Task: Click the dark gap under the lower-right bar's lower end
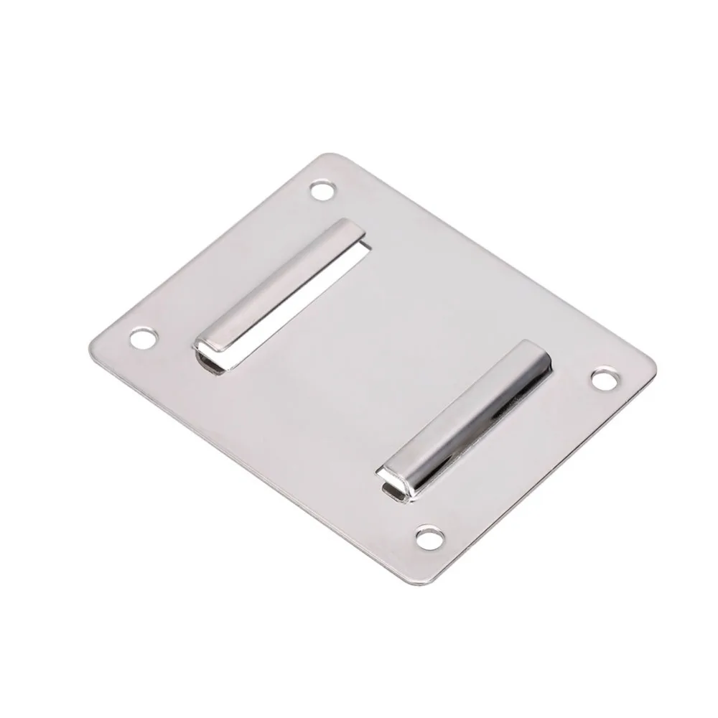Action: [391, 491]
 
